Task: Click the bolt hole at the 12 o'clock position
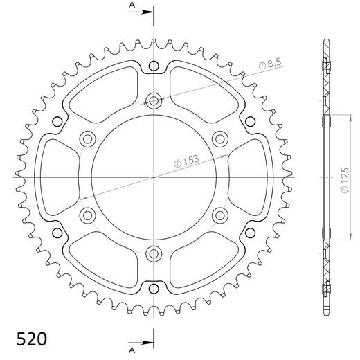pos(154,101)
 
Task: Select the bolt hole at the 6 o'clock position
pos(154,252)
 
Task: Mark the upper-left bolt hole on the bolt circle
pos(88,138)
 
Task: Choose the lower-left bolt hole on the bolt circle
pos(88,214)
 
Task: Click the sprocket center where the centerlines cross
pos(154,177)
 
